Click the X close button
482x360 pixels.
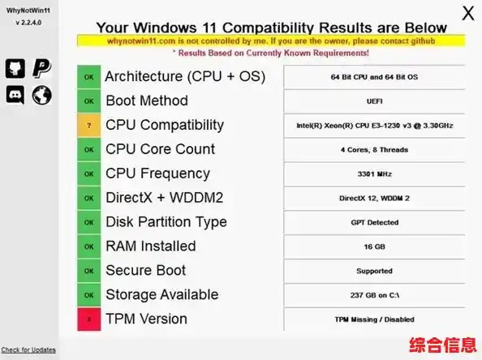468,13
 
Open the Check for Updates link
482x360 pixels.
28,349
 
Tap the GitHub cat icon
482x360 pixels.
15,69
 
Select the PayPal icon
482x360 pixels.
41,69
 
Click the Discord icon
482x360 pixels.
15,95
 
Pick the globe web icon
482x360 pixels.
41,95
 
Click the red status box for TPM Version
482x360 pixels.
88,319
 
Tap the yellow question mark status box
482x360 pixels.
88,126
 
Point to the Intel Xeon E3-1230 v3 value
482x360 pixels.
374,126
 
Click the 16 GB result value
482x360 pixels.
374,246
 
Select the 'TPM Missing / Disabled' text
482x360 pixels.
374,319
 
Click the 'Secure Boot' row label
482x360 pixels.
145,271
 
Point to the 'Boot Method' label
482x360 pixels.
146,101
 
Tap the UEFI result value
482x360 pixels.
374,101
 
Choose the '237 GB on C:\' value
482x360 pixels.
374,295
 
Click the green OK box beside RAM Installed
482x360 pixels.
88,246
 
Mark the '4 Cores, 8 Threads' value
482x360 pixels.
374,150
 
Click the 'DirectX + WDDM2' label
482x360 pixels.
164,198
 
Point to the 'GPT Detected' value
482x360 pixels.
374,222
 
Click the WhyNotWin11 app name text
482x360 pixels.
28,11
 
